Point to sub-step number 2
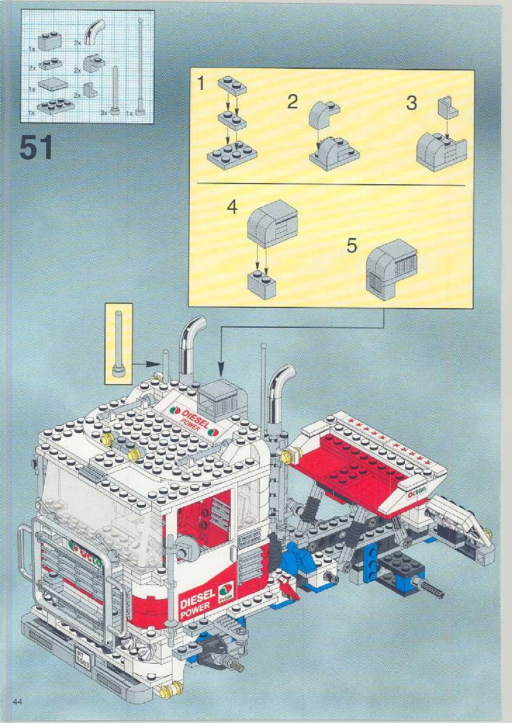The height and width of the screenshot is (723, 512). point(292,102)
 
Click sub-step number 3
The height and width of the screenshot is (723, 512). point(411,103)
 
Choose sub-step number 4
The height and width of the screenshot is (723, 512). point(232,207)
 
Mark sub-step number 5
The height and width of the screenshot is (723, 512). point(352,246)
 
